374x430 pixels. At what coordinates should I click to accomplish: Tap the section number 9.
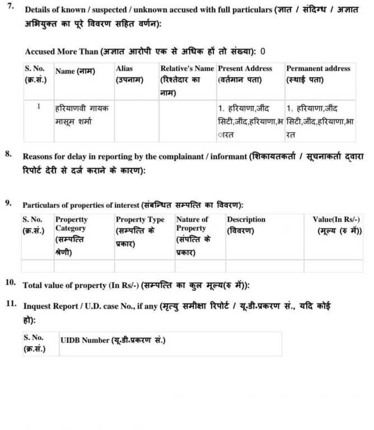[x=9, y=203]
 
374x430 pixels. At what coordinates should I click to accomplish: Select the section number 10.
[x=11, y=282]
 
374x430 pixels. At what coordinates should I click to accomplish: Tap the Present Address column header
[x=245, y=74]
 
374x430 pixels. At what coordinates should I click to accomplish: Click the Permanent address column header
[x=318, y=74]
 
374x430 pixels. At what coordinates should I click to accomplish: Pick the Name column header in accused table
[x=75, y=72]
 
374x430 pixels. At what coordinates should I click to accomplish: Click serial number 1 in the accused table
[x=39, y=106]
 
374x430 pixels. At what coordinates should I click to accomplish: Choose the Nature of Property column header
[x=193, y=235]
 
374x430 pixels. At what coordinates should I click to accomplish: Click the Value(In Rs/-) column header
[x=337, y=225]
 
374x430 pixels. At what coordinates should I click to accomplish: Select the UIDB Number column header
[x=113, y=340]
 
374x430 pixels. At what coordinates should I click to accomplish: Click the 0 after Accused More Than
[x=263, y=52]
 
